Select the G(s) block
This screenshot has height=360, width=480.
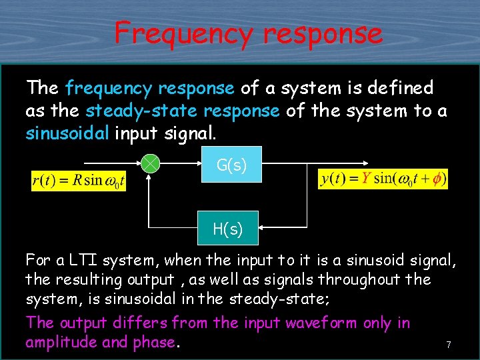pyautogui.click(x=231, y=165)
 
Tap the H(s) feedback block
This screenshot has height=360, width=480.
pyautogui.click(x=227, y=229)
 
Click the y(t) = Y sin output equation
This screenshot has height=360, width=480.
pyautogui.click(x=383, y=179)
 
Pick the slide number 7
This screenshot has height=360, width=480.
pyautogui.click(x=449, y=345)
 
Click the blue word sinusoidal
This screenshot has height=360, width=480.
pyautogui.click(x=67, y=133)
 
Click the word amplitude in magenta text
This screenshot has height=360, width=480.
pyautogui.click(x=62, y=343)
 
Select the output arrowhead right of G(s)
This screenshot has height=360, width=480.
pyautogui.click(x=366, y=163)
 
